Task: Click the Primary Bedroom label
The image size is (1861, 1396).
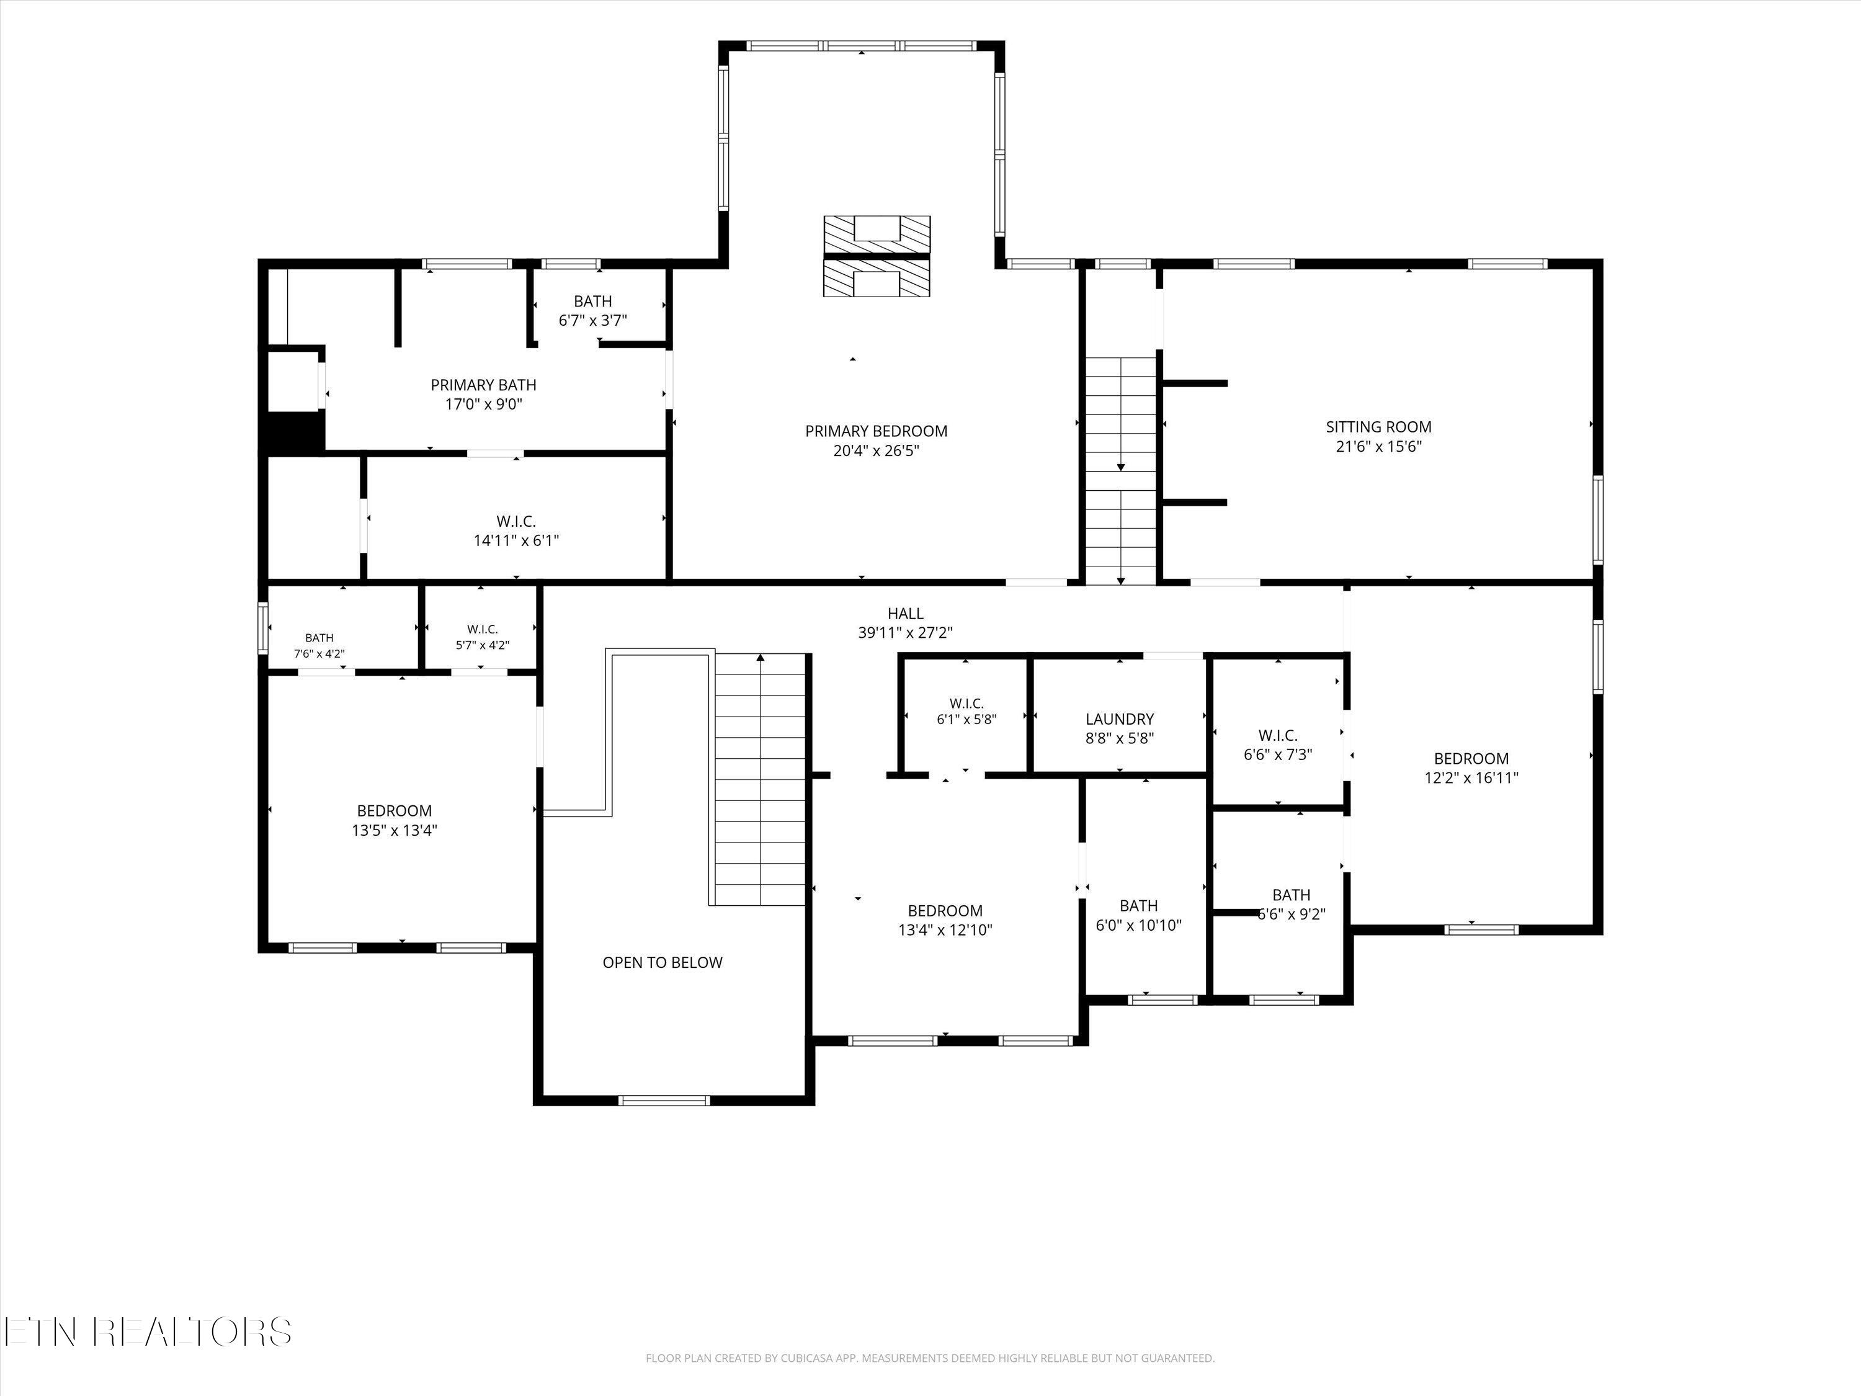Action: pyautogui.click(x=876, y=431)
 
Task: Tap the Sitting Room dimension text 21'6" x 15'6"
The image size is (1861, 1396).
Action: pyautogui.click(x=1378, y=447)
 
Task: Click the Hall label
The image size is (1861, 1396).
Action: pyautogui.click(x=905, y=614)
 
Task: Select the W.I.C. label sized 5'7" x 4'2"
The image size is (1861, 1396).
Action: pyautogui.click(x=482, y=629)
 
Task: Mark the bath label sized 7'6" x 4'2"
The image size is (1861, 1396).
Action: pyautogui.click(x=319, y=638)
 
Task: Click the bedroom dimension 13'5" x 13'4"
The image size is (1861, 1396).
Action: pyautogui.click(x=394, y=831)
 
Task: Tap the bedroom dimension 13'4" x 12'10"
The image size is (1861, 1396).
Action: pyautogui.click(x=945, y=930)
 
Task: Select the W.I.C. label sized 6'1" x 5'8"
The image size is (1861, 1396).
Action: pyautogui.click(x=966, y=704)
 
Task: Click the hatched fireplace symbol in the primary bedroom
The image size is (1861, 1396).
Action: pyautogui.click(x=877, y=256)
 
